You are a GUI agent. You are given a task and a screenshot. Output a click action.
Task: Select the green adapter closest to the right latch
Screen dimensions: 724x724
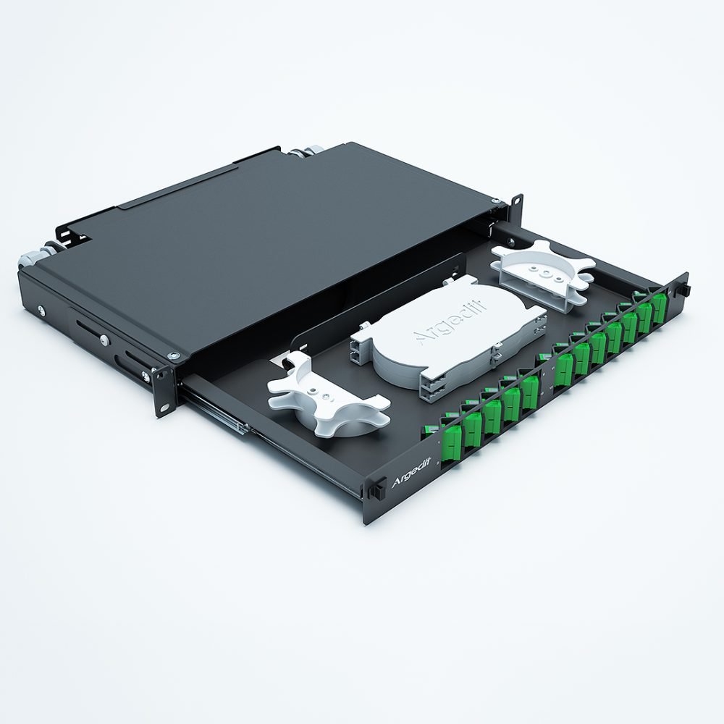point(659,308)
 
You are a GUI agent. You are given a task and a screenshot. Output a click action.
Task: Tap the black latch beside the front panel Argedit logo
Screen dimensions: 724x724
point(375,490)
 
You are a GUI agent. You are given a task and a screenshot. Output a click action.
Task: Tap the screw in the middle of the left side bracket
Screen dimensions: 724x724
point(106,342)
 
